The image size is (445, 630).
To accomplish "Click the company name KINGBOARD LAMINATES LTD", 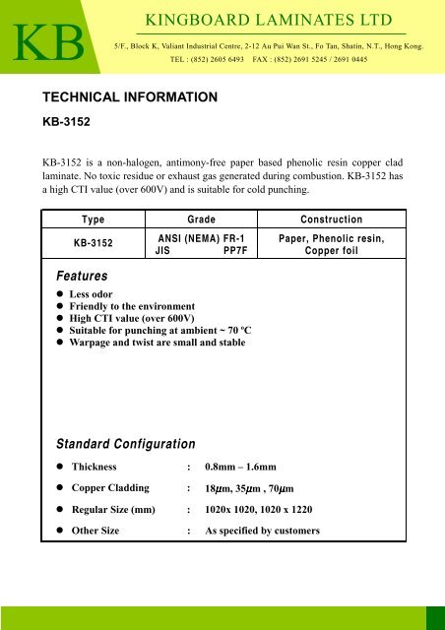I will point(268,21).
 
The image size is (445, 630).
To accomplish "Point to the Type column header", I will point(94,219).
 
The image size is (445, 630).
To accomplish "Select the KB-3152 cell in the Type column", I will point(94,243).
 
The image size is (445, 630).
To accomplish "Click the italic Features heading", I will point(82,279).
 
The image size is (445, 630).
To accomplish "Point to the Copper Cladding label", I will point(109,488).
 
